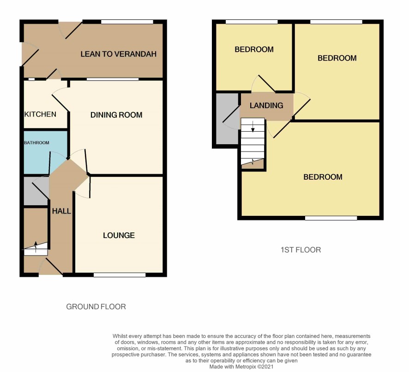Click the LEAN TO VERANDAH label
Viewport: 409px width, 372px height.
pyautogui.click(x=119, y=54)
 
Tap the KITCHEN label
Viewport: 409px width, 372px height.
pyautogui.click(x=40, y=114)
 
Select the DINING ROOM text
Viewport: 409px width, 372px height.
pyautogui.click(x=116, y=115)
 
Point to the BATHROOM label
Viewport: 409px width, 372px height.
pyautogui.click(x=36, y=142)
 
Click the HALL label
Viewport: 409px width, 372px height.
pyautogui.click(x=61, y=211)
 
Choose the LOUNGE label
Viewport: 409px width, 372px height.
pyautogui.click(x=119, y=235)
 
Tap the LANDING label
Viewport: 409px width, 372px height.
pyautogui.click(x=266, y=105)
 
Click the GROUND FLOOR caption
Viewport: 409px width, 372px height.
pyautogui.click(x=96, y=306)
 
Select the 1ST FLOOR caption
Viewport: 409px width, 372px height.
pyautogui.click(x=301, y=250)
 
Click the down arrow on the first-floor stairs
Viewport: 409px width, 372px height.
pyautogui.click(x=253, y=127)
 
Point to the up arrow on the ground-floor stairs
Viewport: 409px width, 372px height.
pyautogui.click(x=36, y=247)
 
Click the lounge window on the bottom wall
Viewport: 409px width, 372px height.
pyautogui.click(x=120, y=275)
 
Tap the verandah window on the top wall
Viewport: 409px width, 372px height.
pyautogui.click(x=127, y=22)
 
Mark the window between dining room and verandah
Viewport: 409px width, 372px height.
pyautogui.click(x=113, y=79)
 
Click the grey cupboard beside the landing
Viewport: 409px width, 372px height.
pyautogui.click(x=228, y=119)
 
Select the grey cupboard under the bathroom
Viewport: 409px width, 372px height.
pyautogui.click(x=36, y=191)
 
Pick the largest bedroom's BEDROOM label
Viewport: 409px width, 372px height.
pyautogui.click(x=323, y=177)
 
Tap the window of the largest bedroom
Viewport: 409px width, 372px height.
pyautogui.click(x=331, y=218)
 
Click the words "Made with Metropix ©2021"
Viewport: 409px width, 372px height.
pyautogui.click(x=241, y=366)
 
